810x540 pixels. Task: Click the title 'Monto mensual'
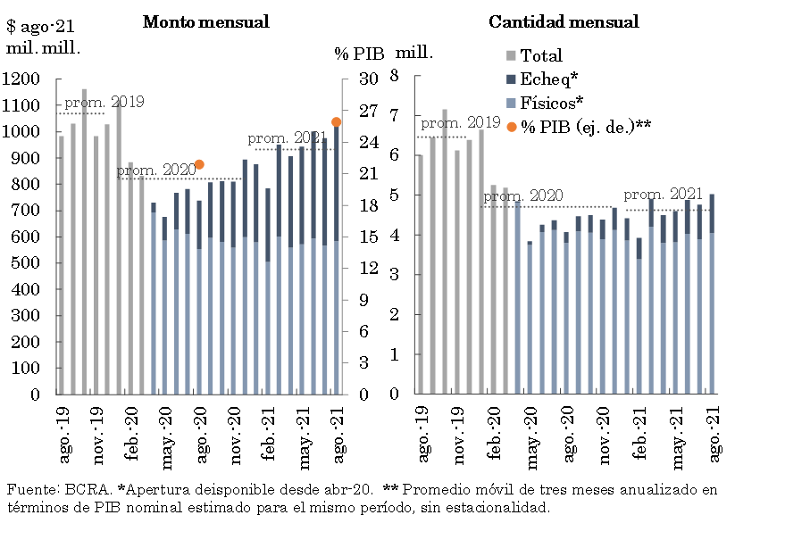click(205, 22)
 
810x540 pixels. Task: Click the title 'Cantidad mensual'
click(564, 22)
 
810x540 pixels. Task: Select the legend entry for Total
click(541, 55)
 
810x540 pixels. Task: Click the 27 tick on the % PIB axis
click(367, 111)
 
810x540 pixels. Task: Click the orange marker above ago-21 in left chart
click(336, 121)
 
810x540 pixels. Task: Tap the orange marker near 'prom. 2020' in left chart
click(199, 164)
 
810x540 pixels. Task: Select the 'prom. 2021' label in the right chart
click(662, 195)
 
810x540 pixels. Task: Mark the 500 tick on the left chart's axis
click(26, 263)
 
